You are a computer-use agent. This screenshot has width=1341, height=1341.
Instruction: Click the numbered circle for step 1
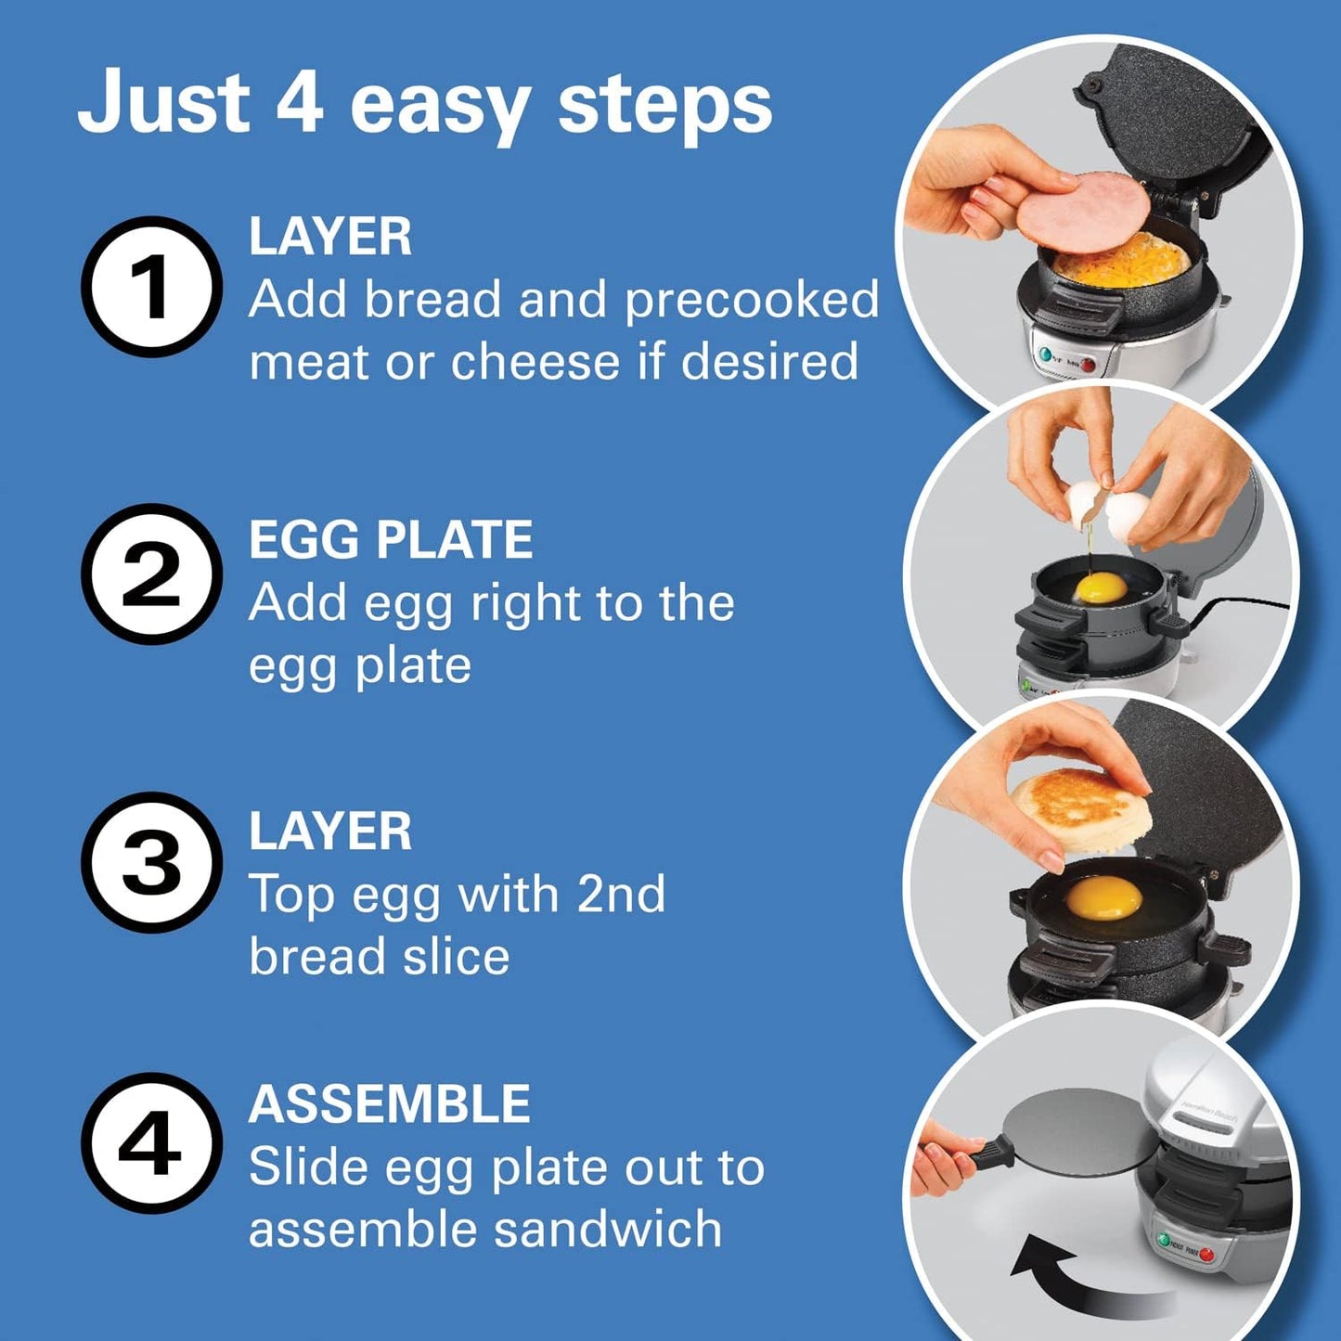(x=151, y=286)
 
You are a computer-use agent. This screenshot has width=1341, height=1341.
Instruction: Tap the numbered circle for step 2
(x=151, y=574)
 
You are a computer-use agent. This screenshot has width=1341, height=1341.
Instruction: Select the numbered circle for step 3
(x=151, y=862)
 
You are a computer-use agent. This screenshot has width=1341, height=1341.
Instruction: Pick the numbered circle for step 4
(x=151, y=1142)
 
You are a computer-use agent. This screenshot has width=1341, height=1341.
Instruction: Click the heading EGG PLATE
(x=390, y=539)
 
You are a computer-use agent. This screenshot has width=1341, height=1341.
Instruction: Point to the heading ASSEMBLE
(x=389, y=1104)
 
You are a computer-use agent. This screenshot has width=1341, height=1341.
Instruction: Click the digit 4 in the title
(x=299, y=102)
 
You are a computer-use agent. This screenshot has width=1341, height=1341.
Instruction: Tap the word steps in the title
(x=664, y=104)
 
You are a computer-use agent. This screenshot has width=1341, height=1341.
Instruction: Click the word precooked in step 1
(x=751, y=300)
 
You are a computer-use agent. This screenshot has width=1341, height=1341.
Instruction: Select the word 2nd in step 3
(x=621, y=895)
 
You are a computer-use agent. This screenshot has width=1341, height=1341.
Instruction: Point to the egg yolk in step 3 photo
(x=1104, y=897)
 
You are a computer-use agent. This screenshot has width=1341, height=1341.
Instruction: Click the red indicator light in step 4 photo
(x=1206, y=1255)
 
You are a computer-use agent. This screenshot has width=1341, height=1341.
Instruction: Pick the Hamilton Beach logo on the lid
(x=1208, y=1110)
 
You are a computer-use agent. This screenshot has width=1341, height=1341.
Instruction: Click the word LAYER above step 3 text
(x=329, y=832)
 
